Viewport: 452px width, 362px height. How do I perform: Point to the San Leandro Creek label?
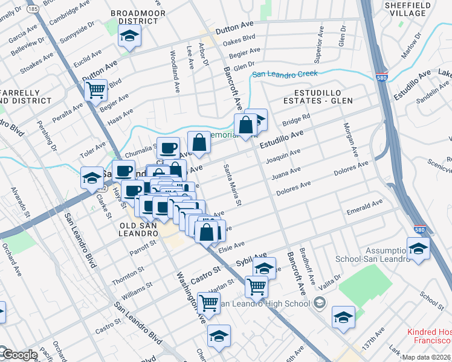point(285,74)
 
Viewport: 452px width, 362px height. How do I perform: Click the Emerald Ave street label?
point(364,208)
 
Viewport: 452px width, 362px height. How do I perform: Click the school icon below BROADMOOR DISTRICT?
point(129,37)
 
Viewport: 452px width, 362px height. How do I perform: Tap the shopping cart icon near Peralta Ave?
point(96,91)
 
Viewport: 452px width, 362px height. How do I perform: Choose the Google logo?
point(19,355)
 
